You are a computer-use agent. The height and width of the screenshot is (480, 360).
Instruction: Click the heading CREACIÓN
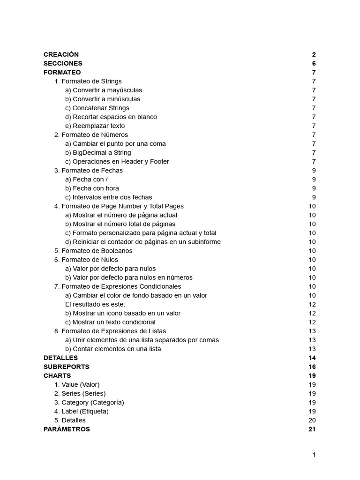tap(61, 54)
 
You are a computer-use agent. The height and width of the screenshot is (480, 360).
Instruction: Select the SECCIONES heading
tap(63, 63)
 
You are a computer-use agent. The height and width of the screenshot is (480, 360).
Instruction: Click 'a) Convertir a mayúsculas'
tap(104, 90)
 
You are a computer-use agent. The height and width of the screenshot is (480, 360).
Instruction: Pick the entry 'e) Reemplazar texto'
tap(95, 126)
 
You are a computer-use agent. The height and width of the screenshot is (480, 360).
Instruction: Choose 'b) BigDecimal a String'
tap(98, 152)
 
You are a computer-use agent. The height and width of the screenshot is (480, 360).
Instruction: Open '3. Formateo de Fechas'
tap(88, 170)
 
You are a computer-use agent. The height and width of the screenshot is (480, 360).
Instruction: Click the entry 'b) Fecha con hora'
tap(92, 188)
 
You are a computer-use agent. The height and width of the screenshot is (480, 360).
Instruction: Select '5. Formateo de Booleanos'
tap(93, 251)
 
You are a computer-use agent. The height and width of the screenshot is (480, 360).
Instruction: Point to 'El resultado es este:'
tap(95, 304)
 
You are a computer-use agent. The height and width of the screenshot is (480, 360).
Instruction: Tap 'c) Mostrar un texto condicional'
tap(110, 322)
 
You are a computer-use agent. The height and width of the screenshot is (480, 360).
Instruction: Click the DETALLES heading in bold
tap(60, 358)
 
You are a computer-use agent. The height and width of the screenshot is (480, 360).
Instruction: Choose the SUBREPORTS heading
tap(66, 367)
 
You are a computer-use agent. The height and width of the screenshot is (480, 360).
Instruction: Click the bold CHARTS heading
tap(57, 375)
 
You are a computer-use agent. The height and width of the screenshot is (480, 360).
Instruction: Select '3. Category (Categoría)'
tap(89, 402)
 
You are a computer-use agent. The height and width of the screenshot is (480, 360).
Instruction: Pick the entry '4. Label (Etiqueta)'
tap(81, 411)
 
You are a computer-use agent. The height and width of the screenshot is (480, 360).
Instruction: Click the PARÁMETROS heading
tap(67, 429)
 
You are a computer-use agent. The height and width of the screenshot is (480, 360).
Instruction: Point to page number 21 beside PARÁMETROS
tap(312, 429)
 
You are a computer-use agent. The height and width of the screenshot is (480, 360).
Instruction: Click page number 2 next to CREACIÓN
tap(314, 54)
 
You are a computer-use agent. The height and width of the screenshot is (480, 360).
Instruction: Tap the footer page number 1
tap(314, 454)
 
